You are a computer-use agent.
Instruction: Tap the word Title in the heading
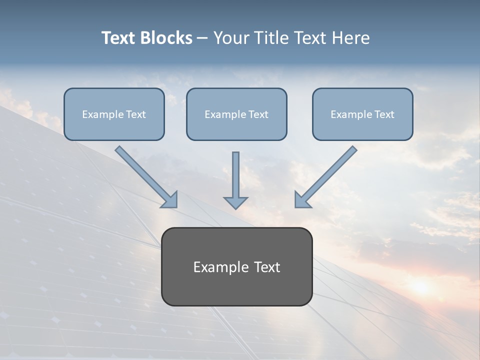tap(269, 38)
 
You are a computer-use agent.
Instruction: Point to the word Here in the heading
tap(351, 38)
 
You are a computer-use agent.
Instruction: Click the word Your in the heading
tap(230, 38)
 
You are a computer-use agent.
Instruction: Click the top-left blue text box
tap(114, 114)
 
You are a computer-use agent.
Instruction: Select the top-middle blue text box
tap(236, 114)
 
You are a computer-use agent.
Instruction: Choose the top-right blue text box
tap(362, 114)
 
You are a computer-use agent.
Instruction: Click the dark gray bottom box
tap(236, 266)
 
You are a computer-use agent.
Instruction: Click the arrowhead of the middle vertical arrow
tap(235, 202)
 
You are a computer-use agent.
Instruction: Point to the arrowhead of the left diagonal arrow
tap(170, 200)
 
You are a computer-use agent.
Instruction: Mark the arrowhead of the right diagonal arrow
tap(301, 200)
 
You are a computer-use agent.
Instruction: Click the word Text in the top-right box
tap(384, 114)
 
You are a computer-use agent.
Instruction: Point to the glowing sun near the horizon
tap(420, 286)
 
